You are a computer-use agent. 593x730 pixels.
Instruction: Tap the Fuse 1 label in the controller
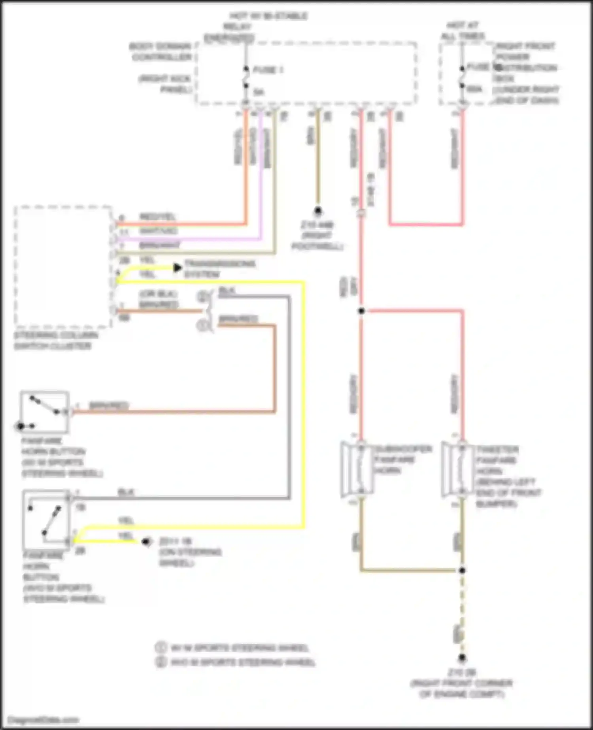pyautogui.click(x=268, y=70)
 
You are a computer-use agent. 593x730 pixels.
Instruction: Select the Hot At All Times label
pyautogui.click(x=462, y=31)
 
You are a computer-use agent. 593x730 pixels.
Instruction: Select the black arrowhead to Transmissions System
pyautogui.click(x=178, y=268)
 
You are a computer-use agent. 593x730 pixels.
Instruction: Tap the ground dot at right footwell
pyautogui.click(x=318, y=210)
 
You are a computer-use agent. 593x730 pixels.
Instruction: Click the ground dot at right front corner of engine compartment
pyautogui.click(x=462, y=658)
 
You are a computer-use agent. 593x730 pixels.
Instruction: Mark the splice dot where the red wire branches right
pyautogui.click(x=361, y=311)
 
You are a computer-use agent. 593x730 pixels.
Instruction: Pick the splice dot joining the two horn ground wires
pyautogui.click(x=462, y=570)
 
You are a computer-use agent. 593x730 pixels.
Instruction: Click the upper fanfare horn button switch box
pyautogui.click(x=44, y=412)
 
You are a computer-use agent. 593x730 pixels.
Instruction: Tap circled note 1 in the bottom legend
pyautogui.click(x=160, y=647)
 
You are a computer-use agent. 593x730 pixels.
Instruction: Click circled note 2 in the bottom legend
pyautogui.click(x=160, y=662)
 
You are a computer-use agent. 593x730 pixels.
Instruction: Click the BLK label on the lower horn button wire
pyautogui.click(x=126, y=492)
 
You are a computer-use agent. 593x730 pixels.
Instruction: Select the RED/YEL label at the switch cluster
pyautogui.click(x=157, y=217)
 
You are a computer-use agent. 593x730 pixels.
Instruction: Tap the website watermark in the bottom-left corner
pyautogui.click(x=43, y=720)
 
